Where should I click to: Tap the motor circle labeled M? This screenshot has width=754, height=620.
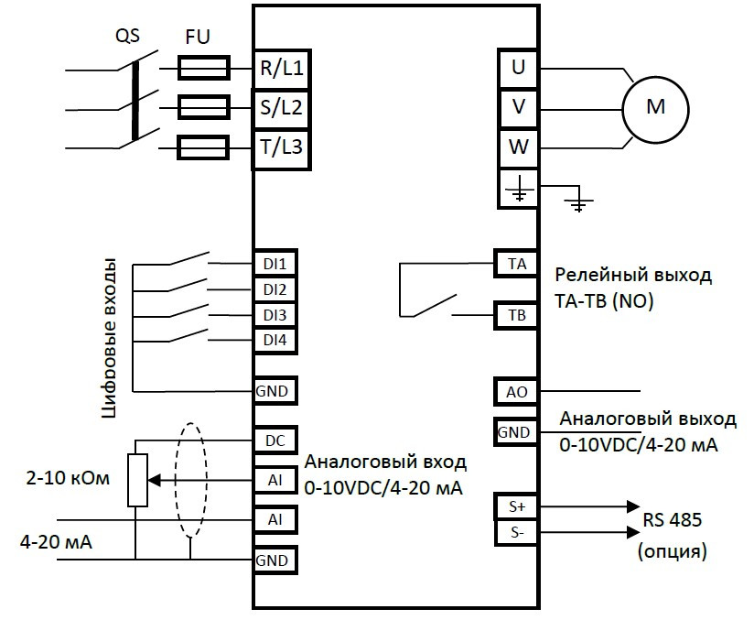click(655, 107)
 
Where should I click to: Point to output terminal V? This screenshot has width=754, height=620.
click(519, 107)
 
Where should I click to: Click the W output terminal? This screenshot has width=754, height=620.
click(519, 147)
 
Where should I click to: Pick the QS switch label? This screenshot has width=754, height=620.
click(128, 38)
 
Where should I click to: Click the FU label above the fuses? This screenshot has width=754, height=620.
click(198, 38)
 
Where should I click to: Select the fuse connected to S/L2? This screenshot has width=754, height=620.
click(201, 108)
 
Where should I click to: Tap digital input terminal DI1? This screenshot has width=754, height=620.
click(275, 264)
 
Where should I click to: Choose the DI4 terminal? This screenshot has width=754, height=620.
click(275, 341)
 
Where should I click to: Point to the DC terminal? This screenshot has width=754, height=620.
click(275, 440)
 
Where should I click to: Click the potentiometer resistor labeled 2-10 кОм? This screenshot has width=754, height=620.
click(137, 479)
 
